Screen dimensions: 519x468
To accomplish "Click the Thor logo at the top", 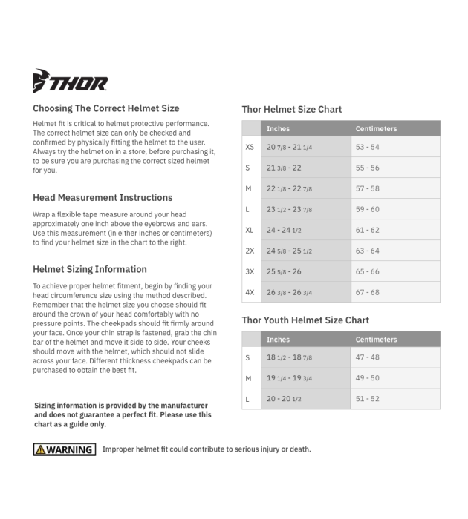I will pyautogui.click(x=70, y=81).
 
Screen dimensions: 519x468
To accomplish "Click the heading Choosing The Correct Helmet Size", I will pyautogui.click(x=106, y=108).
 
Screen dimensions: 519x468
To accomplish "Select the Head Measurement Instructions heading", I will pyautogui.click(x=103, y=198).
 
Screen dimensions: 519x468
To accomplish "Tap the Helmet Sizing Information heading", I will pyautogui.click(x=90, y=269).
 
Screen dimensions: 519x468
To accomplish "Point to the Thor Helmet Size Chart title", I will pyautogui.click(x=292, y=110).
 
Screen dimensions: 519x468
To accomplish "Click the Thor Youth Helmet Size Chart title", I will pyautogui.click(x=305, y=320).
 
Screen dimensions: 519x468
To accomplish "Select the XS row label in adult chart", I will pyautogui.click(x=250, y=148).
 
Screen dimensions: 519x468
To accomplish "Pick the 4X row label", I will pyautogui.click(x=250, y=292).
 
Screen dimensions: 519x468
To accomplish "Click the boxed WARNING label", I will pyautogui.click(x=65, y=449).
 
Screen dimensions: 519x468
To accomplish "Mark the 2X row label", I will pyautogui.click(x=250, y=251).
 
